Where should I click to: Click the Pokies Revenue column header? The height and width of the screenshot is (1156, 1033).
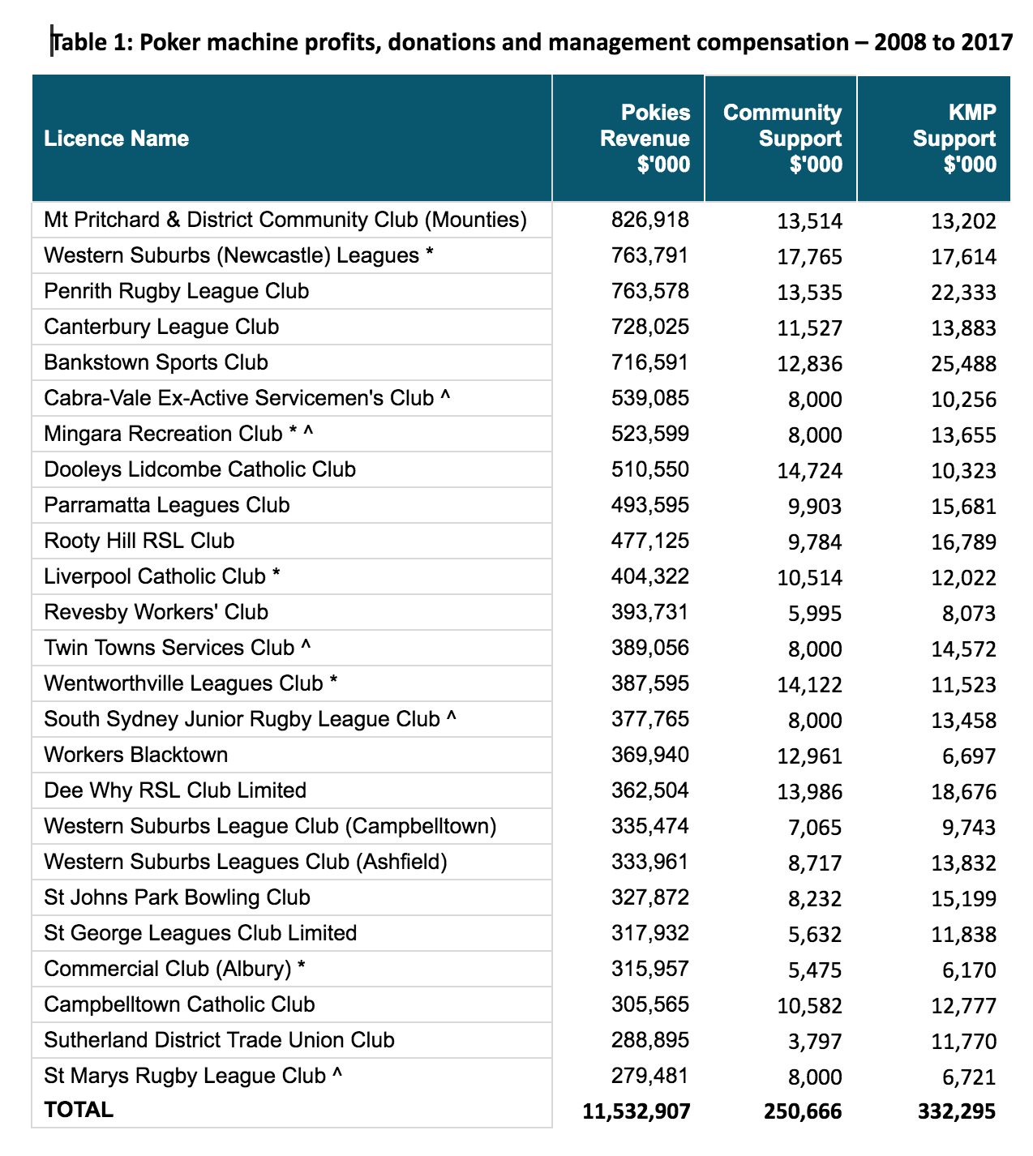[x=645, y=138]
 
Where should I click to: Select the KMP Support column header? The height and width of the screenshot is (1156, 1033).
[x=954, y=138]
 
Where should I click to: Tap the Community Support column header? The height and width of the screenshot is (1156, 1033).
[x=782, y=138]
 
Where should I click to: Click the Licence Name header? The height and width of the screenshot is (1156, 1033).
[x=117, y=139]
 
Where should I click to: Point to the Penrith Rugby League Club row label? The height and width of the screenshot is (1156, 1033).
[x=177, y=291]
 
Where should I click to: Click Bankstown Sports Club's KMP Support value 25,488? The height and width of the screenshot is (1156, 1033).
[x=963, y=364]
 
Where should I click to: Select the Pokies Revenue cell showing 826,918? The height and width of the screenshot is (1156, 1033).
[x=650, y=220]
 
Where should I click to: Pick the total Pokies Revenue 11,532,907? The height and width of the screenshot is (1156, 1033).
[x=637, y=1111]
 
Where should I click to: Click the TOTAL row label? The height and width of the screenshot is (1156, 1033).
[x=79, y=1110]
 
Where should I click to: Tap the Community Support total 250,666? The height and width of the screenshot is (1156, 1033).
[x=803, y=1111]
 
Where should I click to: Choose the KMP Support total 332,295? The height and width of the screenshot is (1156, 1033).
[x=957, y=1111]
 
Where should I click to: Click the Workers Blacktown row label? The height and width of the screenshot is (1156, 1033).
[x=136, y=755]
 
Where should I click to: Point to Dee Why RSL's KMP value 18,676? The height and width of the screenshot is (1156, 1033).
[x=963, y=792]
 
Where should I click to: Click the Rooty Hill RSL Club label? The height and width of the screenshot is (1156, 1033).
[x=139, y=541]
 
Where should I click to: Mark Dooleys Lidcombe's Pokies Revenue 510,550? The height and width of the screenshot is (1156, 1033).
[x=650, y=469]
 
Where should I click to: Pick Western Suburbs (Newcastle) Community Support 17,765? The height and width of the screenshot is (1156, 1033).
[x=809, y=257]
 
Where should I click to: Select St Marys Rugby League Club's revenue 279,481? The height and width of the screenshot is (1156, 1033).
[x=650, y=1076]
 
